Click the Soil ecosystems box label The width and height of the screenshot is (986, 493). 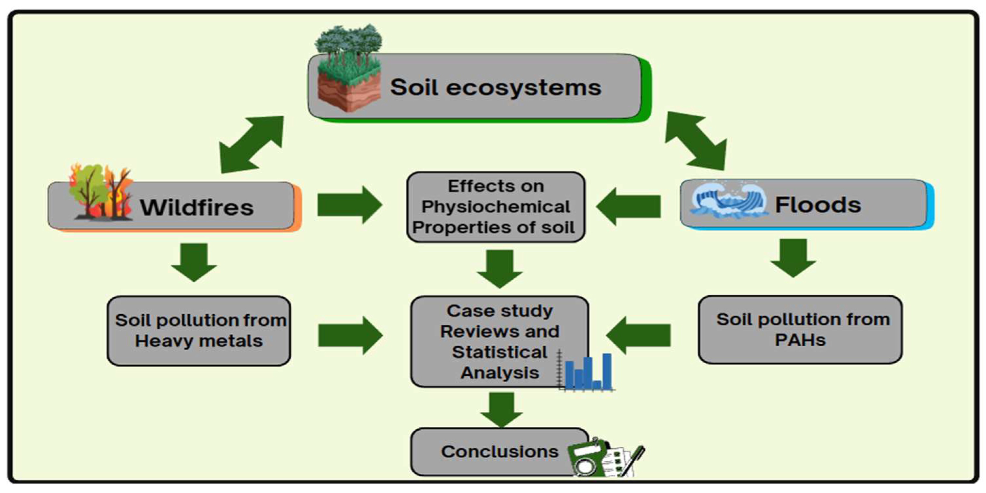(x=495, y=87)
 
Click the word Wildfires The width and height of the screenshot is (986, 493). (x=196, y=207)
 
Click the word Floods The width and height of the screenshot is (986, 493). (x=817, y=205)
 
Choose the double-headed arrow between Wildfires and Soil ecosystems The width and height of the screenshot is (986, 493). (x=251, y=145)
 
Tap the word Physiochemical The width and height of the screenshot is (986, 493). (x=495, y=207)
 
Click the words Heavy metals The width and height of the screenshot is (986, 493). (x=199, y=341)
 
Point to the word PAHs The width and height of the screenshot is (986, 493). (x=800, y=340)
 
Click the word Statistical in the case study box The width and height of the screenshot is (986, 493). (x=499, y=352)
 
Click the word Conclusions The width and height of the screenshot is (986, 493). (x=499, y=452)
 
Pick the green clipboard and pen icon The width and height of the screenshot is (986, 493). (x=605, y=458)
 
